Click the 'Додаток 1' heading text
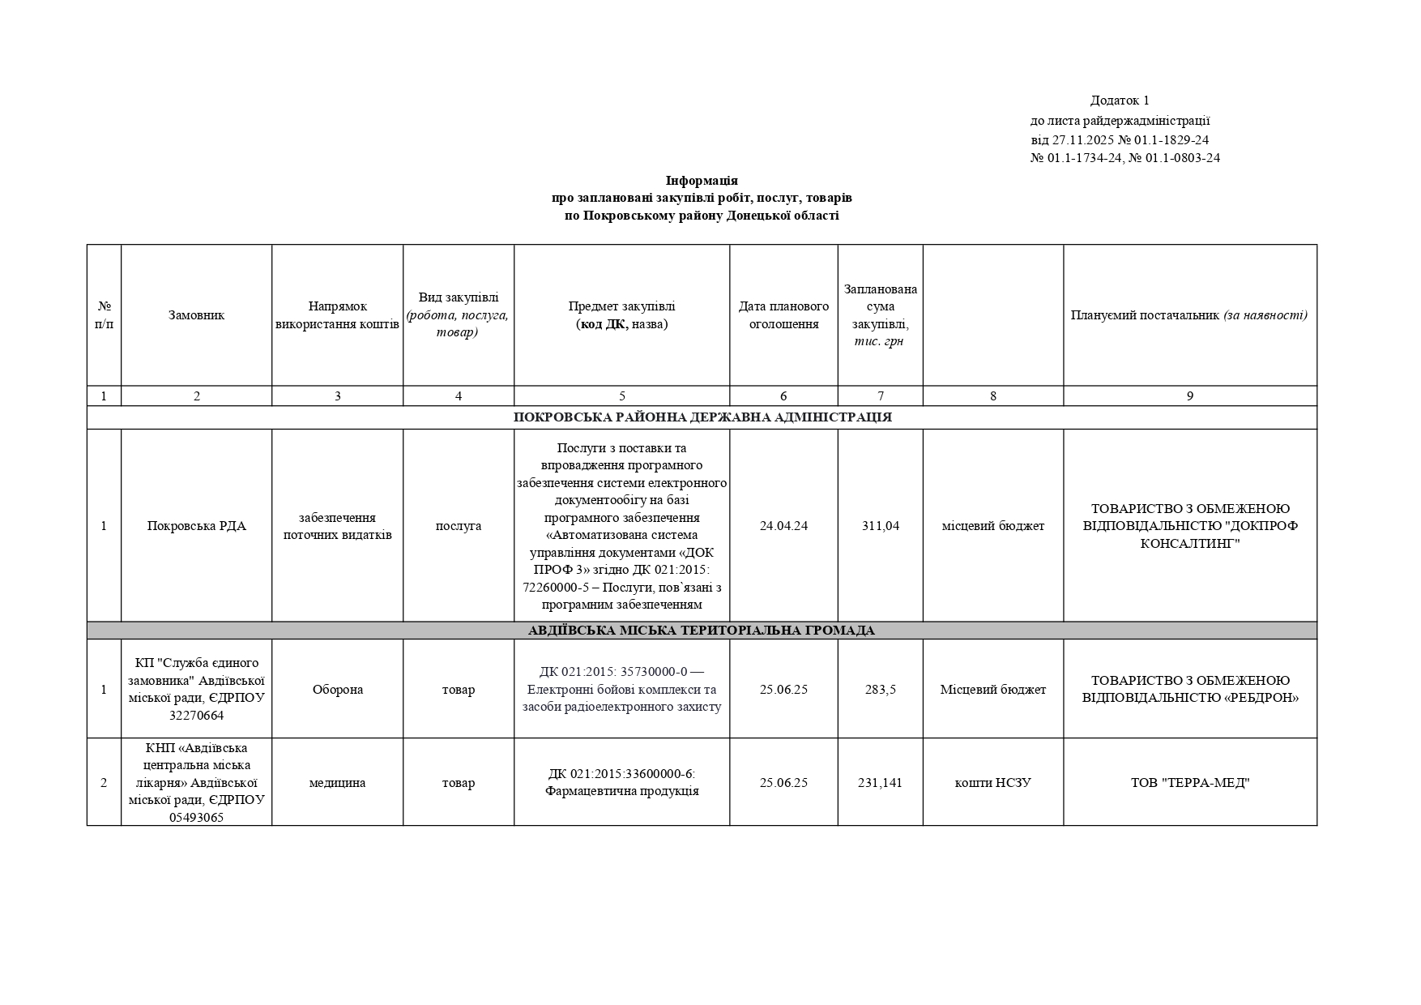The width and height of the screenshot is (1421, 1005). [1120, 100]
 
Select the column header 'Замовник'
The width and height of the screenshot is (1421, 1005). [196, 315]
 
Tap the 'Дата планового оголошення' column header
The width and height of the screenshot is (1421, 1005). [783, 315]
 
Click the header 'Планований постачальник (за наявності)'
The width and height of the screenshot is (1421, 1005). [1189, 315]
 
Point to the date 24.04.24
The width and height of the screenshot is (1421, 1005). [783, 526]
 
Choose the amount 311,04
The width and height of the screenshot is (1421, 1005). [881, 526]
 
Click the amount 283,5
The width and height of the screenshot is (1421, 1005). [881, 690]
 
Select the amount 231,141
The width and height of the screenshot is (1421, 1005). [881, 783]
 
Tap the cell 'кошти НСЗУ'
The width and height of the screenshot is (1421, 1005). [992, 783]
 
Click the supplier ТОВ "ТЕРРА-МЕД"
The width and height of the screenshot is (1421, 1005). [1189, 783]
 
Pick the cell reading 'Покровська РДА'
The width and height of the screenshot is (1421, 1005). [196, 526]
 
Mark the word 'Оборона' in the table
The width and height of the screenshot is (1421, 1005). [337, 690]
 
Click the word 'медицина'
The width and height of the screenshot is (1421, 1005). [337, 783]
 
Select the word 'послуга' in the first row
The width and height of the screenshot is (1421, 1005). [459, 526]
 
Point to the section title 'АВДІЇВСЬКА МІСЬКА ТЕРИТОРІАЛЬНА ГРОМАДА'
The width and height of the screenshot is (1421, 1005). [702, 631]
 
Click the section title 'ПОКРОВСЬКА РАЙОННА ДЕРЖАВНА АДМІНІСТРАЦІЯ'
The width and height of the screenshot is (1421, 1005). [702, 417]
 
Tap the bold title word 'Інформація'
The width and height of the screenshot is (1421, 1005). [702, 180]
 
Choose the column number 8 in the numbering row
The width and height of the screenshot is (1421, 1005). [993, 396]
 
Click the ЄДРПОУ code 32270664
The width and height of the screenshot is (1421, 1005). [196, 716]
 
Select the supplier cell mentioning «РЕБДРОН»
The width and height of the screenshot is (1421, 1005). [1189, 690]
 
